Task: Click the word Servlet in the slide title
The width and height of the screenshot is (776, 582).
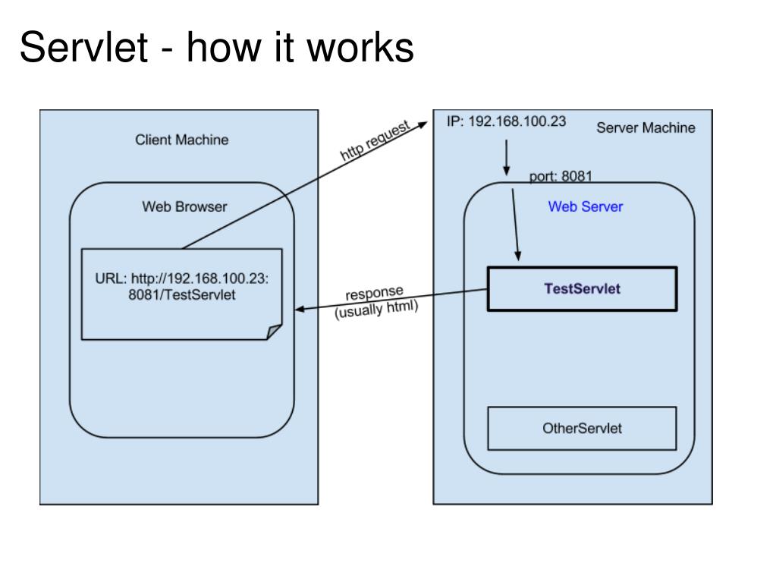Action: [83, 47]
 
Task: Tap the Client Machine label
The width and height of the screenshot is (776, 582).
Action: [181, 140]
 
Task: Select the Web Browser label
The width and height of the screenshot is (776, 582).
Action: [184, 206]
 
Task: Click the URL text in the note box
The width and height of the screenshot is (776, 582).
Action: [181, 286]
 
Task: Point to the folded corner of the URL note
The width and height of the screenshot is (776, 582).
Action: [275, 332]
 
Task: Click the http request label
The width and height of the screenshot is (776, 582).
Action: [375, 140]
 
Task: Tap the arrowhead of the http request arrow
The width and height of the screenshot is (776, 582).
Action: [422, 124]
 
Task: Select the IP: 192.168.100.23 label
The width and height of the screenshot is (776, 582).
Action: [506, 121]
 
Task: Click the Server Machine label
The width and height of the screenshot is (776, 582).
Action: [646, 127]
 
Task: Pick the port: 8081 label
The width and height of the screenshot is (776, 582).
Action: [561, 176]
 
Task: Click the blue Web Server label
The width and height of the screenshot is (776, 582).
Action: [586, 206]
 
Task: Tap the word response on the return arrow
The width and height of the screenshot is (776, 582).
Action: [374, 292]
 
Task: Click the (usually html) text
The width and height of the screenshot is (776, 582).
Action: [376, 310]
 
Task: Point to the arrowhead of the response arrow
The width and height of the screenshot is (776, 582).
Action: [300, 310]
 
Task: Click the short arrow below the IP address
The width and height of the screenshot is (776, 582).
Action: [506, 157]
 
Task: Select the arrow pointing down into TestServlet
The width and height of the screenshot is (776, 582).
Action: [515, 225]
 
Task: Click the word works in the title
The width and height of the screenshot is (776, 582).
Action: [360, 47]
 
